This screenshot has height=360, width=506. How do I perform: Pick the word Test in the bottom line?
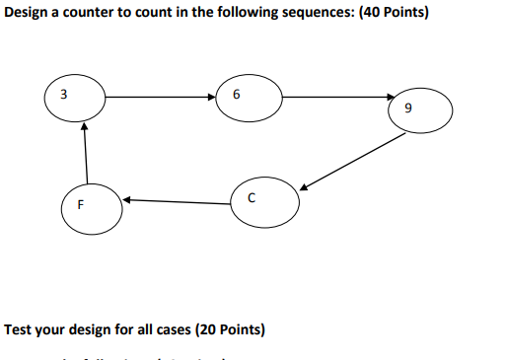click(x=20, y=328)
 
